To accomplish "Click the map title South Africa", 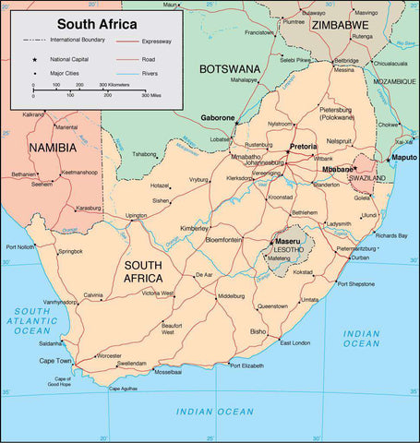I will [99, 22].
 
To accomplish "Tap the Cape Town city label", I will [55, 361].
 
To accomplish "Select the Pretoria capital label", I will [303, 147].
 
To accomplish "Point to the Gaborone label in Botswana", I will [218, 118].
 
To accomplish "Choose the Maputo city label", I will [404, 158].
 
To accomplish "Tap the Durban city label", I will [360, 257].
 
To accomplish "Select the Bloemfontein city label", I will [223, 239].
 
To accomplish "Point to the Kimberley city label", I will [194, 227].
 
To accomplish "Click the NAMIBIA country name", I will [53, 147].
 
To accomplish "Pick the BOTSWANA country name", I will [230, 68].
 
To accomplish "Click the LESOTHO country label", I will [287, 249].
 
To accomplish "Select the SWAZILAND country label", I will [366, 178].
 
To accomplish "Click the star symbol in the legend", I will [33, 57].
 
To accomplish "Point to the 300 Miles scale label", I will [152, 95].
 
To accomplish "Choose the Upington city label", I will [137, 216].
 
